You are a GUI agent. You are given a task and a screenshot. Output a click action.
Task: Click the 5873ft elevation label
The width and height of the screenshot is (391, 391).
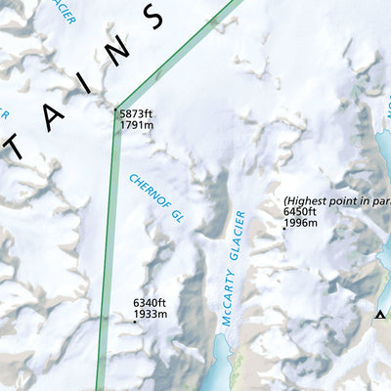coord(137,114)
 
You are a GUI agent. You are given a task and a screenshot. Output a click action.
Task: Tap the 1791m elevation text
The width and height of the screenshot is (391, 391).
coord(137,125)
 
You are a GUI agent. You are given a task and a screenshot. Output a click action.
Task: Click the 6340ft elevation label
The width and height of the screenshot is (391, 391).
coord(151,303)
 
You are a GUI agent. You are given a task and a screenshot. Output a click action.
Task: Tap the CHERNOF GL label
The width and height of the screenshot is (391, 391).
coord(156,198)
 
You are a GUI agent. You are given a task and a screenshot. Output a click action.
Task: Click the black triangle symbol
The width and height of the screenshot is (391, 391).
coord(380,314)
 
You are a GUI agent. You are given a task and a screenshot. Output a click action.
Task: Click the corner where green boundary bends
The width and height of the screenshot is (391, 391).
coord(115,109)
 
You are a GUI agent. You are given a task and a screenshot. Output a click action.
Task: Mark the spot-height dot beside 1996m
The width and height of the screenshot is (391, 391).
coord(283,229)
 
